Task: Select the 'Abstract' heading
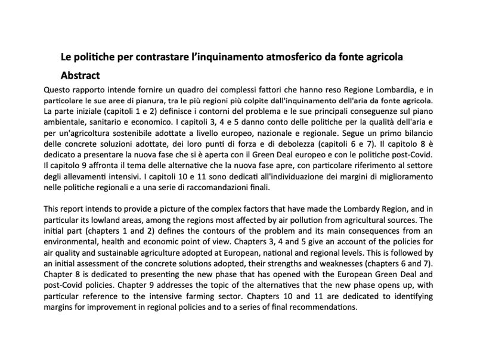[80, 76]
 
